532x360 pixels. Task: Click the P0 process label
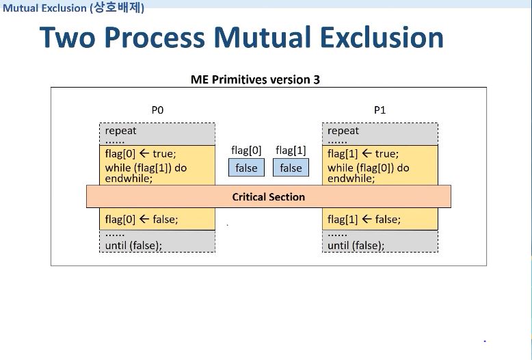tap(157, 110)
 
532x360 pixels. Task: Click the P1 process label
tap(380, 110)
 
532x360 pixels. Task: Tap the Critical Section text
tap(268, 197)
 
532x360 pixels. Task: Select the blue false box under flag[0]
tap(246, 168)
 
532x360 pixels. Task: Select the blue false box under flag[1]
tap(291, 168)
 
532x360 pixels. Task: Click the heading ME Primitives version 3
tap(255, 79)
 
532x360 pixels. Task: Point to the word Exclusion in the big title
tap(382, 37)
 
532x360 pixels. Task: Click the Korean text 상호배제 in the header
tap(118, 7)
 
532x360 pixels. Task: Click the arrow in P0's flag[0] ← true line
tap(144, 153)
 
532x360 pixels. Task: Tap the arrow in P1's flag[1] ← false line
tap(367, 219)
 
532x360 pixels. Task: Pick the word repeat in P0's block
tap(120, 131)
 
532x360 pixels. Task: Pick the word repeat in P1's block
tap(343, 131)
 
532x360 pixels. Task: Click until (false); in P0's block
tap(133, 245)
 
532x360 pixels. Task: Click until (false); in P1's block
tap(356, 245)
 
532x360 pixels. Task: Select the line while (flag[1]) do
tap(146, 168)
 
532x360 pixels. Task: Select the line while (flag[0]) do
tap(369, 168)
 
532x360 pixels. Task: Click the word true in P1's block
tap(387, 154)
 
